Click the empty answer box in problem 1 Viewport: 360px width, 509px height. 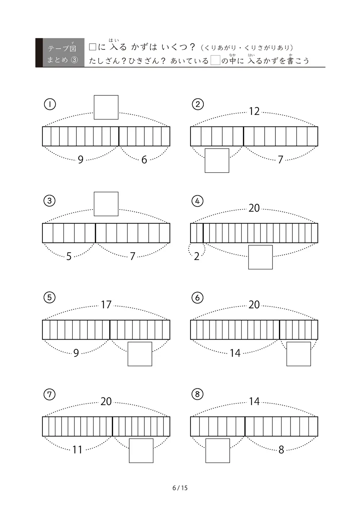pyautogui.click(x=106, y=107)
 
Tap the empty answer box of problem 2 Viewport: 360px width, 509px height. pyautogui.click(x=217, y=161)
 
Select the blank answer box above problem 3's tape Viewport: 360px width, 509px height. pyautogui.click(x=106, y=204)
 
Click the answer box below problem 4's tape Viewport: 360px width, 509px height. pyautogui.click(x=260, y=257)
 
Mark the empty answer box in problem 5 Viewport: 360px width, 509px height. pyautogui.click(x=140, y=354)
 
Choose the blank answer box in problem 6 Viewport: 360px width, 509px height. pyautogui.click(x=298, y=354)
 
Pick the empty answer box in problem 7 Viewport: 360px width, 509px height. pyautogui.click(x=141, y=451)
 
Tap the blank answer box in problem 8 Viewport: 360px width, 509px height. pyautogui.click(x=218, y=451)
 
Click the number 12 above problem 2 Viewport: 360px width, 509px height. pyautogui.click(x=254, y=112)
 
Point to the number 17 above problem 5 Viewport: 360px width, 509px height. pyautogui.click(x=106, y=305)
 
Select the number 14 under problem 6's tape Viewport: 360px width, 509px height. pyautogui.click(x=235, y=353)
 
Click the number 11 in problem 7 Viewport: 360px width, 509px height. pyautogui.click(x=77, y=450)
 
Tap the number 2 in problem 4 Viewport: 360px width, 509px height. pyautogui.click(x=197, y=256)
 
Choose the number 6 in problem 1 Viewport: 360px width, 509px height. pyautogui.click(x=144, y=160)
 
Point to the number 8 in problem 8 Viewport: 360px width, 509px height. pyautogui.click(x=281, y=450)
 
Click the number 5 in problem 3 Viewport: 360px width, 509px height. pyautogui.click(x=69, y=256)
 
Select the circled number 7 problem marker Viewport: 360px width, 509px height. pyautogui.click(x=49, y=394)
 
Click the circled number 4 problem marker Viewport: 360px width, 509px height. pyautogui.click(x=197, y=201)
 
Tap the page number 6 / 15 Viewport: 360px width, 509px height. pyautogui.click(x=180, y=488)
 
